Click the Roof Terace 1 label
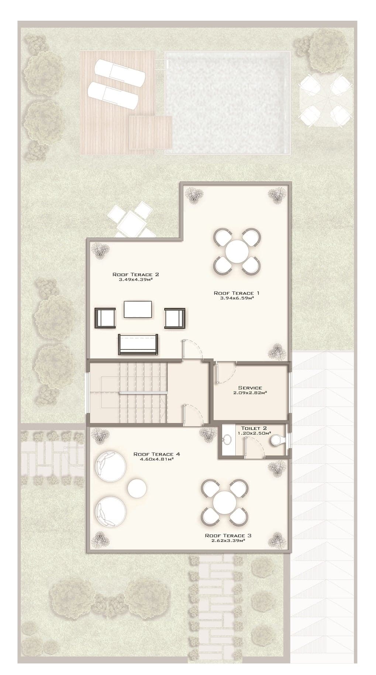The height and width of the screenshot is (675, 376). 237,293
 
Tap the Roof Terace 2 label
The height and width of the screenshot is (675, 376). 136,274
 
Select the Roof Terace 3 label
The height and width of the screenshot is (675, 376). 228,535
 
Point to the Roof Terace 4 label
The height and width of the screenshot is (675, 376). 157,454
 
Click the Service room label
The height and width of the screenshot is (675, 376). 250,388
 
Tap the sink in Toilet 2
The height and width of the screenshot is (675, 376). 227,440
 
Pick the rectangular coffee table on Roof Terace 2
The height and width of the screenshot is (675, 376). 138,309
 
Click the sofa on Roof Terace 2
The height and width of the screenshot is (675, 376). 138,344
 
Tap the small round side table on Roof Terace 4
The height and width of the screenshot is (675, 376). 137,488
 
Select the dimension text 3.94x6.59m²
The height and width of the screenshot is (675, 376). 237,298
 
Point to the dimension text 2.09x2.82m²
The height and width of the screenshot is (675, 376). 250,393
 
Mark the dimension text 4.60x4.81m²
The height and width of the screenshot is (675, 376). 157,459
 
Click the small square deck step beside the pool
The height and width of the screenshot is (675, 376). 151,132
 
